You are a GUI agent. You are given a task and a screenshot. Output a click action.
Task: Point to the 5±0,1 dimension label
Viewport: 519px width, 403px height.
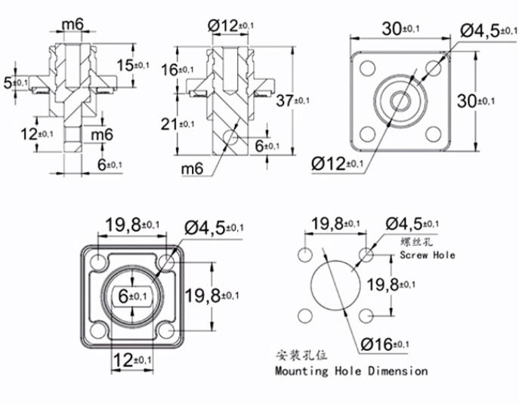15,81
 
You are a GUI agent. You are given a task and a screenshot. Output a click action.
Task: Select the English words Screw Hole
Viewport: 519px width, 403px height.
427,255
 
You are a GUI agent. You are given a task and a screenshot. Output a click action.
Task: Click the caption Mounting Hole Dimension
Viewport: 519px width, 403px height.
351,371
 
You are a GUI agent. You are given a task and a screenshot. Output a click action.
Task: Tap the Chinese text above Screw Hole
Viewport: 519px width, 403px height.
417,241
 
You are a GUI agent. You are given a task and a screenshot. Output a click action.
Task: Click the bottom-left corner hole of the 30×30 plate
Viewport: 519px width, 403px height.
367,134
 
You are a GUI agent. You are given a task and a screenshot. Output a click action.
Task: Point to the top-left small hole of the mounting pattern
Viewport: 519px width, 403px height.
306,253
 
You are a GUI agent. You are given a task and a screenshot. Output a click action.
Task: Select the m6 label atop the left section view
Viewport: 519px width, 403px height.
73,25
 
